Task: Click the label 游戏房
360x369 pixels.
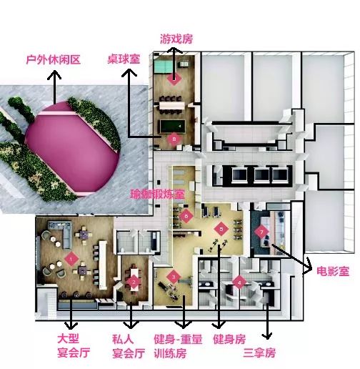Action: [x=176, y=39]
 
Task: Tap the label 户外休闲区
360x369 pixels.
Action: [x=54, y=59]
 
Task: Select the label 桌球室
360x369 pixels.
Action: [x=124, y=59]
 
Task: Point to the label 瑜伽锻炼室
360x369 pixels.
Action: [x=157, y=195]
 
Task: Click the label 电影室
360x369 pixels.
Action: [x=333, y=271]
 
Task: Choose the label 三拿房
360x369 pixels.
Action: [x=259, y=353]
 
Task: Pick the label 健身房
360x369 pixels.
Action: [x=229, y=339]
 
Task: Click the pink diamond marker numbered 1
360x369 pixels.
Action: [x=71, y=259]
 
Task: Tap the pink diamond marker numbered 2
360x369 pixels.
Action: [x=134, y=282]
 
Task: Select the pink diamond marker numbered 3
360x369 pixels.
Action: [x=174, y=277]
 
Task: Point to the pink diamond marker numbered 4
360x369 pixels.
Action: [x=239, y=282]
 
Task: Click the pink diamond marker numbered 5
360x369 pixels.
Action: [x=221, y=229]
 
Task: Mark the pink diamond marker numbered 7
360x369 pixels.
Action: [x=261, y=232]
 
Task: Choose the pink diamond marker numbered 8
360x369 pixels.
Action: [x=174, y=139]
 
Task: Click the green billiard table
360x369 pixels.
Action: [x=172, y=127]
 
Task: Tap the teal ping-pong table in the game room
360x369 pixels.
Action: [x=163, y=66]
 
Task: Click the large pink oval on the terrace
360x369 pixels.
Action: [x=73, y=149]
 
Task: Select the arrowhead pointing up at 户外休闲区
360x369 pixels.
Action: [x=54, y=74]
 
